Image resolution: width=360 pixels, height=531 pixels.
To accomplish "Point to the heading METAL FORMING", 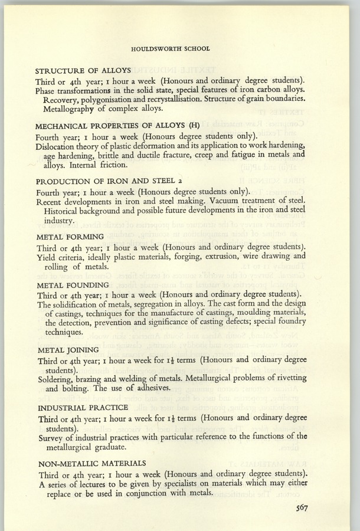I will (x=70, y=237).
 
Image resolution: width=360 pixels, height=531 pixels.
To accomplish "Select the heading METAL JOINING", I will (x=67, y=350).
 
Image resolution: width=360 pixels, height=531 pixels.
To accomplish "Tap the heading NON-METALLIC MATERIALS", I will (x=91, y=464).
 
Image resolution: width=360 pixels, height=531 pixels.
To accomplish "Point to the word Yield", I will (x=47, y=257).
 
